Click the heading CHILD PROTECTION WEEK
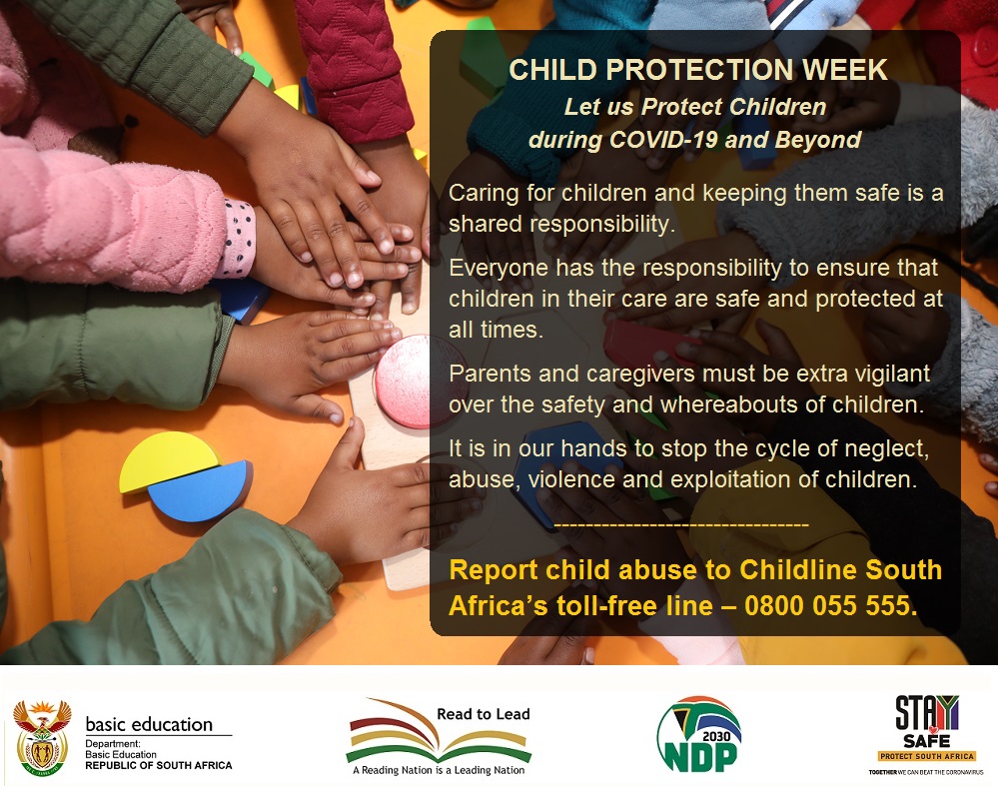click(x=697, y=70)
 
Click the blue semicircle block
click(x=198, y=491)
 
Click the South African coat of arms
click(x=41, y=737)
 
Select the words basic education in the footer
click(x=149, y=724)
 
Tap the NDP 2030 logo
click(x=698, y=735)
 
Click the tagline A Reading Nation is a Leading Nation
click(x=439, y=770)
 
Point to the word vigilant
click(x=891, y=374)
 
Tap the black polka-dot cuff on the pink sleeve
click(x=238, y=238)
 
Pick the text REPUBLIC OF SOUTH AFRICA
click(x=158, y=765)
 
